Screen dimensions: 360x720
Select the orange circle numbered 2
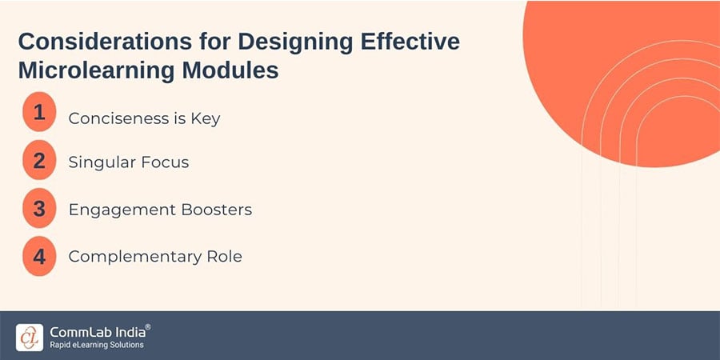39,160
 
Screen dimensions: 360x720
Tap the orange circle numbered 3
39,208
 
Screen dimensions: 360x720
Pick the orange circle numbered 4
39,255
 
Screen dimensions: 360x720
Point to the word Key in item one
206,119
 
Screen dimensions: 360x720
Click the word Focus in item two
164,162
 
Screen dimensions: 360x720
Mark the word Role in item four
221,257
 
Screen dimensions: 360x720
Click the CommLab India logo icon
30,336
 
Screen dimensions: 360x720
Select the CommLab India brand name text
95,331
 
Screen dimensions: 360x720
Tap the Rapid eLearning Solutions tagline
96,346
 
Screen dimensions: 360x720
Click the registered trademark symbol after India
147,327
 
